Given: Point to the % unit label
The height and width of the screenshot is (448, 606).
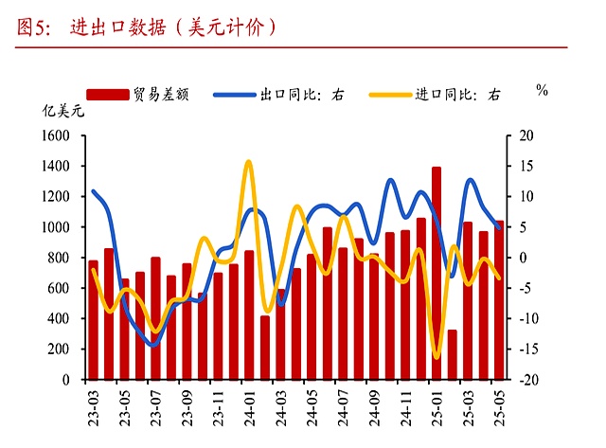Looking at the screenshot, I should point(542,91).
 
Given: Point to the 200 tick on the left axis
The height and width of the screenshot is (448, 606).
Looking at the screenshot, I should point(62,349).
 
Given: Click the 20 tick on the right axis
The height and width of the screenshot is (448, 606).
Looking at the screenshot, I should point(526,136).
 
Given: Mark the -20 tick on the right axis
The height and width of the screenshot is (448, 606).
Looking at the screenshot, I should point(528,379).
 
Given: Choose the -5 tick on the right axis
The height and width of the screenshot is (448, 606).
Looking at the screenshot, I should point(526,288).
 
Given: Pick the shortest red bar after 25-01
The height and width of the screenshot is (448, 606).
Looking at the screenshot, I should point(452,354).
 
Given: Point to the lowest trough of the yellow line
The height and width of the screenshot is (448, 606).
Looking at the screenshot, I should point(437,357).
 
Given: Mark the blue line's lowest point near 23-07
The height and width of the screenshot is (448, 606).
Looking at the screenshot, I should point(153,345).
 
